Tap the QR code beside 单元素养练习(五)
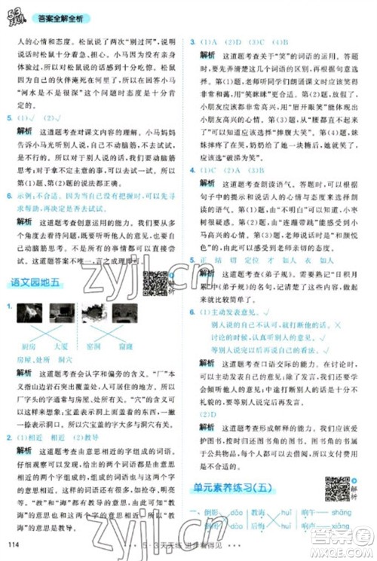[336, 489]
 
